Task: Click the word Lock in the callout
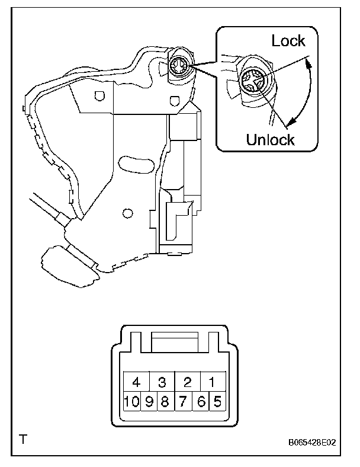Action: tap(288, 41)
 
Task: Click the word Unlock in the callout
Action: tap(270, 140)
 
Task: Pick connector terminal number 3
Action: tap(162, 381)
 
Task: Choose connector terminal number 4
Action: tap(136, 381)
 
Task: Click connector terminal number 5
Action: tap(217, 401)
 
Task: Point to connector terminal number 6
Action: tap(201, 401)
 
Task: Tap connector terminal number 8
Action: tap(166, 401)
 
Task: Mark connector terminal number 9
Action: tap(149, 401)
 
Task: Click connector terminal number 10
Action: tap(132, 401)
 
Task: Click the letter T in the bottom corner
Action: tap(23, 439)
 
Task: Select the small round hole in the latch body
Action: tap(126, 212)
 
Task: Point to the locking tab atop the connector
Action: tap(175, 343)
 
